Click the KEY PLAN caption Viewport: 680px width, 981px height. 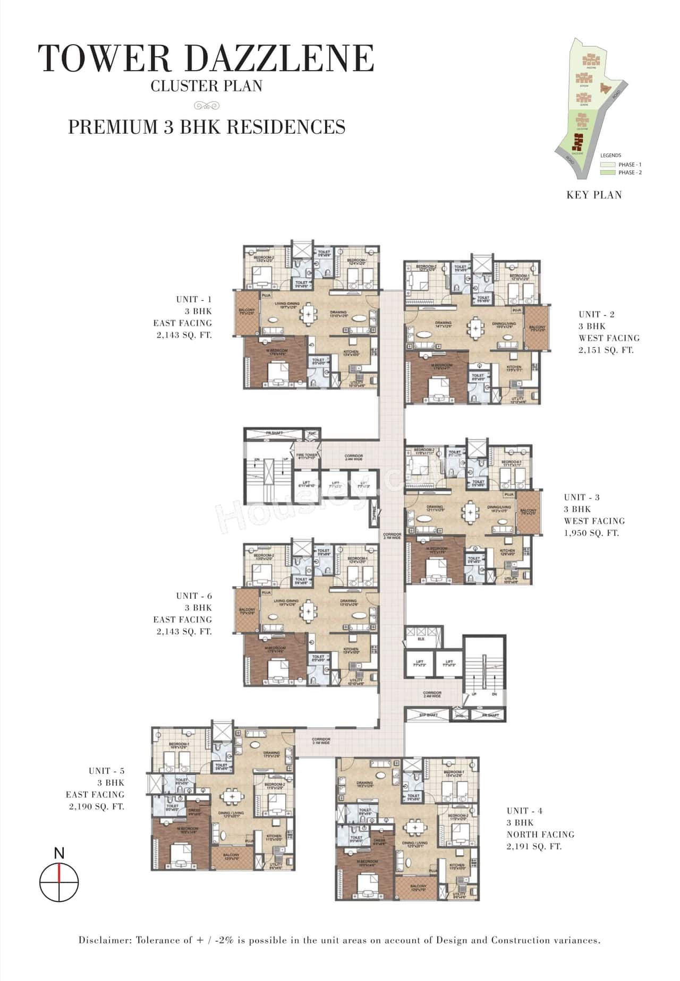pos(594,195)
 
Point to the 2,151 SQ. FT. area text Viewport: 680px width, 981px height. pos(606,350)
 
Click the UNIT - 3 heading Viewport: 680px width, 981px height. pos(582,497)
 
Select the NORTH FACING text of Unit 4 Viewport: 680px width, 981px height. pos(540,834)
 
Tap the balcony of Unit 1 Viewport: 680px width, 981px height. pos(246,312)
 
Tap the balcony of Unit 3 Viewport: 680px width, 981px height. pos(529,512)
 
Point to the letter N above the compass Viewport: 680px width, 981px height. pos(59,853)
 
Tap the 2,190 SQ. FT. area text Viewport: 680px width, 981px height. pos(96,806)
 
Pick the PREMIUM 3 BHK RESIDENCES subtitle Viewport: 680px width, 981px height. pos(207,127)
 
